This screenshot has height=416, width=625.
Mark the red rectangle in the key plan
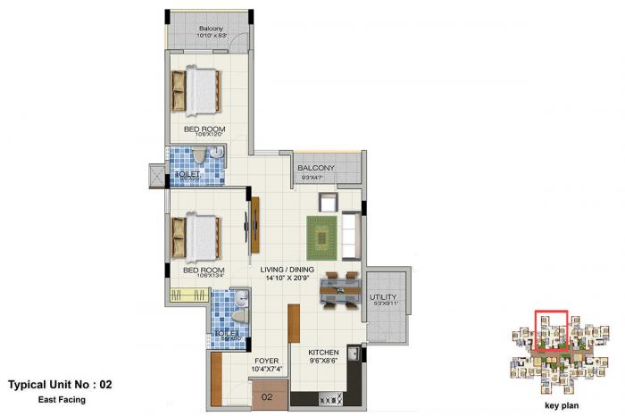(550, 329)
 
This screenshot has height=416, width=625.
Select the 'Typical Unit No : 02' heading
(61, 386)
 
